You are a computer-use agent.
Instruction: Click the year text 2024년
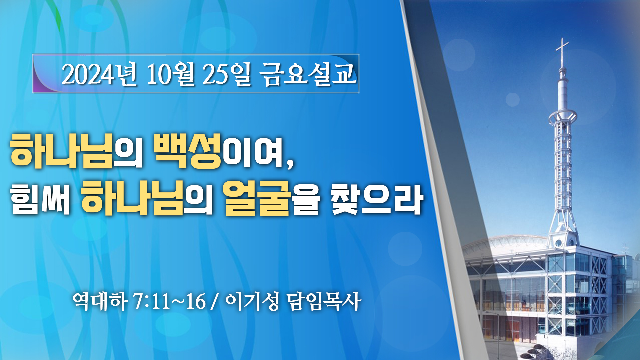(99, 74)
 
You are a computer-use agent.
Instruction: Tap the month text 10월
(170, 74)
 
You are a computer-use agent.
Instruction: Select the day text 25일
(226, 74)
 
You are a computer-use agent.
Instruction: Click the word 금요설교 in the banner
(308, 74)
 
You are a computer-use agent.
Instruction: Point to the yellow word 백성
(188, 151)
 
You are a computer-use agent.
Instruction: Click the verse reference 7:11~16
(169, 302)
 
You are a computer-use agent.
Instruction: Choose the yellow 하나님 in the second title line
(132, 198)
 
